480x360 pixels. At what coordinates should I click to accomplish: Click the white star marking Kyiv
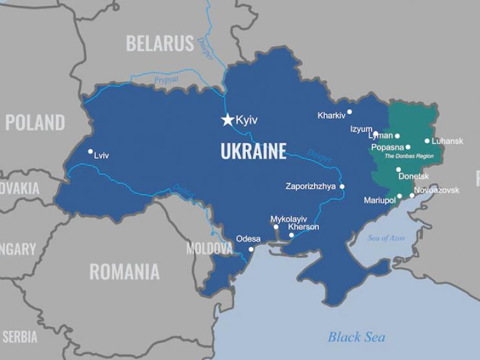point(228,120)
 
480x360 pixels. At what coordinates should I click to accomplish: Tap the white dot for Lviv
point(90,152)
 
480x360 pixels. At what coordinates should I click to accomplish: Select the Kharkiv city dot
point(350,112)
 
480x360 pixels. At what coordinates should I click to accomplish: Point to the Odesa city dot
point(251,249)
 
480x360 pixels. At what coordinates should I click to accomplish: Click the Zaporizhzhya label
point(311,187)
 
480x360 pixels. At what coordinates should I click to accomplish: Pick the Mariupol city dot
point(400,196)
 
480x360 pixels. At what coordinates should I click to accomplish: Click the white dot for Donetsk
point(398,170)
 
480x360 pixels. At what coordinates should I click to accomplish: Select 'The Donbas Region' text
point(409,156)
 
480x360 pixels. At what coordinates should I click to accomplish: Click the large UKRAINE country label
point(253,152)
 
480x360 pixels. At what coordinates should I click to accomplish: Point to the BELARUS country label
point(160,44)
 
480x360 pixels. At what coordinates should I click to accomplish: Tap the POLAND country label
point(35,122)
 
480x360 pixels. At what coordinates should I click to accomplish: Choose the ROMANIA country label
point(124,271)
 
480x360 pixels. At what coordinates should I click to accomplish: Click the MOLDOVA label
point(209,248)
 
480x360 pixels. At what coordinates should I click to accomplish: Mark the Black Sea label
point(356,337)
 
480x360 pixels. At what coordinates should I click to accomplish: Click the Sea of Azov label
point(387,238)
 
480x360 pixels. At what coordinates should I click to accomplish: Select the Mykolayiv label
point(289,219)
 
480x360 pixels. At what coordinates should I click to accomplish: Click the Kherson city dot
point(291,235)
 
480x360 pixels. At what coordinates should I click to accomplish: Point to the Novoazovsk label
point(437,190)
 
